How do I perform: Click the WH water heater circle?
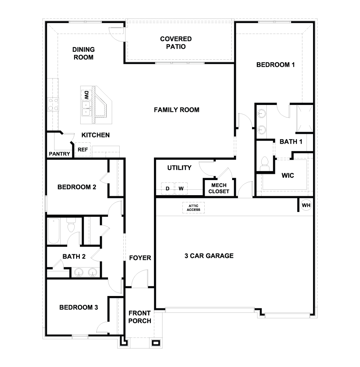306,205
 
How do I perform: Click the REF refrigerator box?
83,150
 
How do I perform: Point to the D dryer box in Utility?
168,188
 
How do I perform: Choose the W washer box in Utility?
181,188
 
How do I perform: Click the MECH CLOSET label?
218,188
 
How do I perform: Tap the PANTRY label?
59,154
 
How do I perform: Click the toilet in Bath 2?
71,226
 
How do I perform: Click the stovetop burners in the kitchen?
53,104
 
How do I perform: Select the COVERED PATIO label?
176,43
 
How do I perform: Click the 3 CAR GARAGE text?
209,256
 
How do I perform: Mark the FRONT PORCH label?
140,317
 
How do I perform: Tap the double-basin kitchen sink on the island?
86,108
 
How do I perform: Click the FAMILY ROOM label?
176,110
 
